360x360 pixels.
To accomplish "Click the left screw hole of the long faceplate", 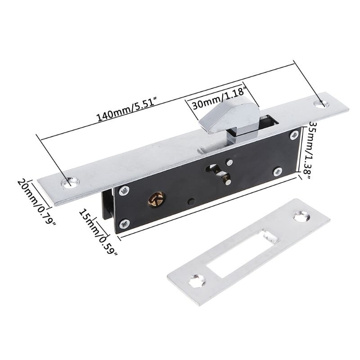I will click(71, 182).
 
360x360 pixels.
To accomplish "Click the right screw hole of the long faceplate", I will click(323, 104).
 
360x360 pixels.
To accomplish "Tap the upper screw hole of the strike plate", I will click(301, 217).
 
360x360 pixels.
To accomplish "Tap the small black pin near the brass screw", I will click(191, 201).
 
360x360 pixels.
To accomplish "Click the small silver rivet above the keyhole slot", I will click(230, 162).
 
